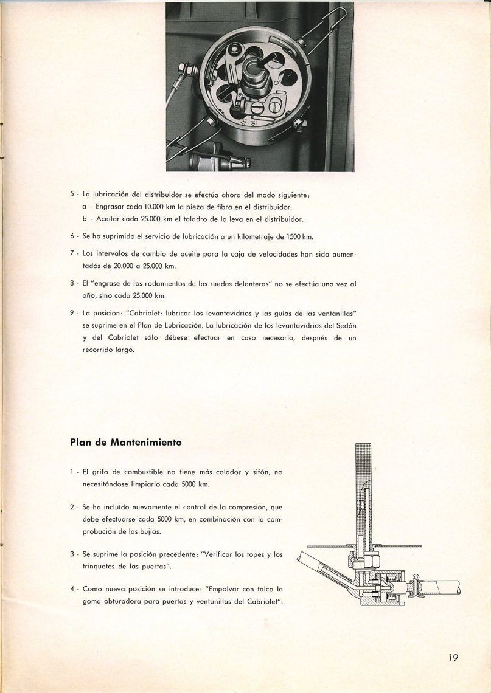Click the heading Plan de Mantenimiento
click(x=125, y=443)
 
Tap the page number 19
click(x=450, y=657)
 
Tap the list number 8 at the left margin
click(x=72, y=283)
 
